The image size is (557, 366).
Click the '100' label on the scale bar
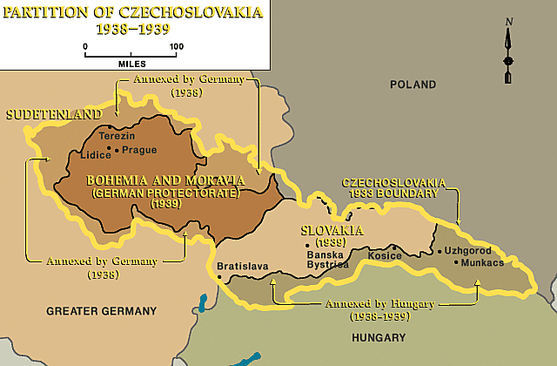coord(176,45)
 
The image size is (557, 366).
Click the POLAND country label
coord(413,85)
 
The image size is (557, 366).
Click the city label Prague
coord(139,150)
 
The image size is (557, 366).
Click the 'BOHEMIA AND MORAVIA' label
coord(165,180)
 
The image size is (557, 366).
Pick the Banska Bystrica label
coord(327,258)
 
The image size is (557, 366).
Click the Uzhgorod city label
coord(467,250)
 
